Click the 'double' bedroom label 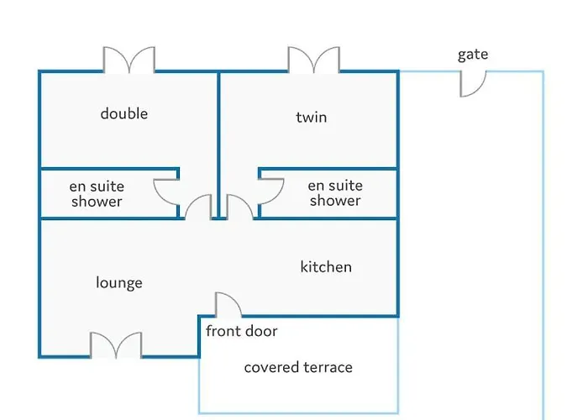(x=124, y=113)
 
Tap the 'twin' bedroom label (x=312, y=118)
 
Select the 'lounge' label (x=119, y=283)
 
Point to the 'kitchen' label (x=326, y=267)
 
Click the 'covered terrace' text (x=298, y=367)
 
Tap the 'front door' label (x=242, y=331)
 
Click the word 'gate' (x=473, y=55)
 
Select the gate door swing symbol (x=472, y=81)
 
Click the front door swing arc (x=228, y=304)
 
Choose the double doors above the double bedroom (x=129, y=60)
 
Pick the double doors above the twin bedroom (x=313, y=60)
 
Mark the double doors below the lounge (x=116, y=345)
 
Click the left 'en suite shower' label (x=97, y=194)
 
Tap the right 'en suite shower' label (x=335, y=193)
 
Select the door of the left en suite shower (x=166, y=192)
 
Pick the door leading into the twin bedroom (x=239, y=208)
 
